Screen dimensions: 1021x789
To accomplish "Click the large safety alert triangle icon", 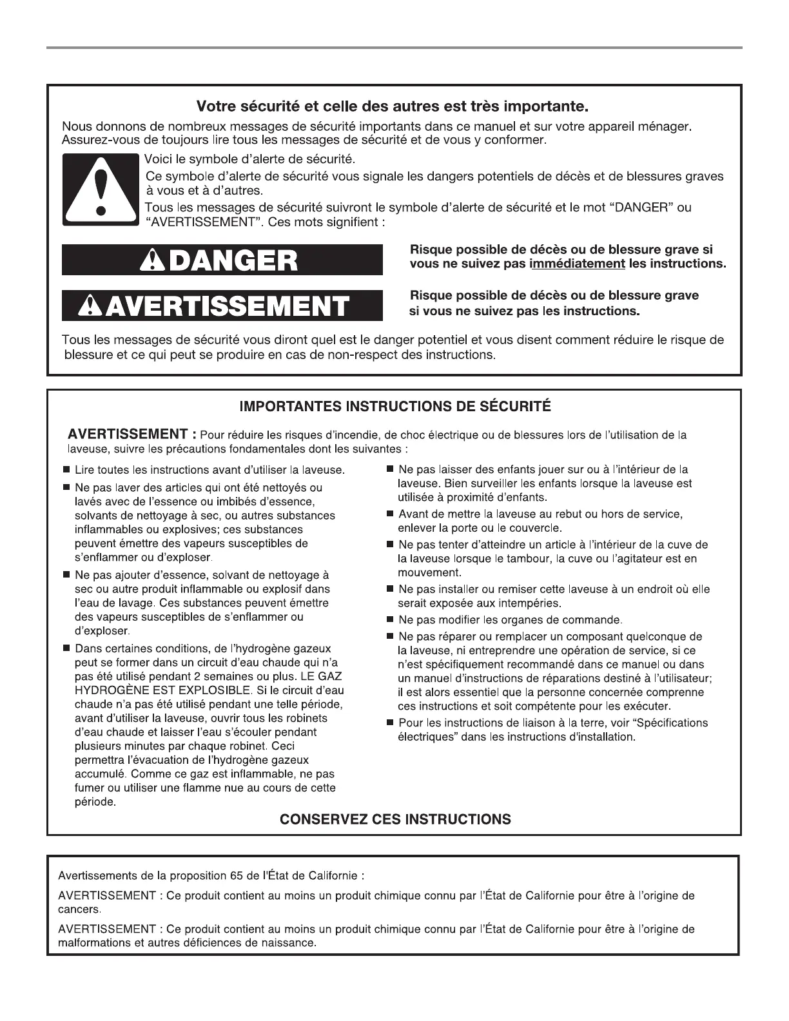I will click(100, 190).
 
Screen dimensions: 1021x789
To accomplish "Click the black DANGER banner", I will click(222, 260).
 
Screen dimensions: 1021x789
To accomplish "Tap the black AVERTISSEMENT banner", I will click(222, 306).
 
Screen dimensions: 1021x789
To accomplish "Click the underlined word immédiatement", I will click(577, 264).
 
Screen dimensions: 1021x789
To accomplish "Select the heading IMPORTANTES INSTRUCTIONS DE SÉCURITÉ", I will click(395, 407).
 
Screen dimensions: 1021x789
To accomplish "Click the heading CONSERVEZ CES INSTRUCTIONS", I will click(395, 819).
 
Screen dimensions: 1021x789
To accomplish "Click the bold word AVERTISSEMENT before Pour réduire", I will click(128, 434).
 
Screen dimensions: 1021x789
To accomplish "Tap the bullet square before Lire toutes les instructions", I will click(66, 471).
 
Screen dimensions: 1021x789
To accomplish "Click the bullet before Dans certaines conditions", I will click(66, 648).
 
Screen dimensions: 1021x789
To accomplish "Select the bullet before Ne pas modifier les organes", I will click(390, 620).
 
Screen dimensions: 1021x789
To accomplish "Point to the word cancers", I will click(79, 909).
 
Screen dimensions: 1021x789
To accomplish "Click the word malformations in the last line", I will click(92, 943).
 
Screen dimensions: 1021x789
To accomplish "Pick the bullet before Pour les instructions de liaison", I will click(390, 723).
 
